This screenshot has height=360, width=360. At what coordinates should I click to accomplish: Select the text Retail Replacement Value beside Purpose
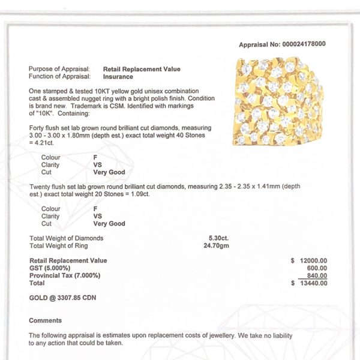[x=142, y=70]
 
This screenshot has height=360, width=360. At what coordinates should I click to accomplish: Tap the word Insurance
[x=118, y=76]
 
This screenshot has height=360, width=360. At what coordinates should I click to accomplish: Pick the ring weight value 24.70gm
[x=217, y=245]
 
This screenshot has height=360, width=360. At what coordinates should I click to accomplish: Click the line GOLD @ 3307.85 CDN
[x=62, y=298]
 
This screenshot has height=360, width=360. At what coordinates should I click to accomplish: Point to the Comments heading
[x=45, y=320]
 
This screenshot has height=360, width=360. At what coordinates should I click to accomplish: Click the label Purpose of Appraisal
[x=59, y=70]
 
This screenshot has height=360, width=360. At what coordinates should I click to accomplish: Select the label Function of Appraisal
[x=59, y=76]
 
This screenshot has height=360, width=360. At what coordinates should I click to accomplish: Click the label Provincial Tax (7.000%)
[x=65, y=275]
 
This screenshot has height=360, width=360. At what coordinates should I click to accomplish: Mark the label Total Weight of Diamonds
[x=66, y=238]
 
